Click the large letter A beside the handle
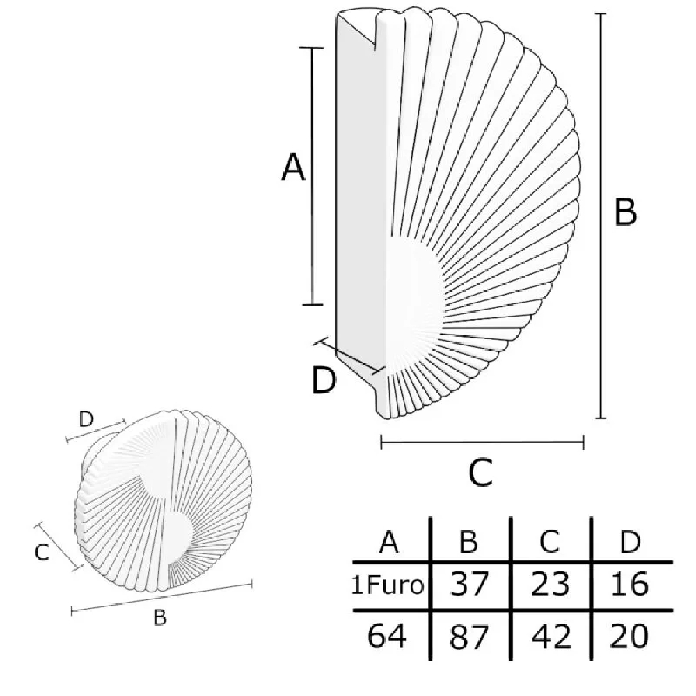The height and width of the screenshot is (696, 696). tap(294, 167)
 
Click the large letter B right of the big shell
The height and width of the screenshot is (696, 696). tap(626, 211)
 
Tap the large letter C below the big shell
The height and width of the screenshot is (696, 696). tap(481, 472)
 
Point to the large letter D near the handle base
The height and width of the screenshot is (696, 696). tap(324, 380)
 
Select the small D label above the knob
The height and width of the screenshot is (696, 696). tap(86, 419)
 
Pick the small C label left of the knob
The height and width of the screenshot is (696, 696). tap(42, 553)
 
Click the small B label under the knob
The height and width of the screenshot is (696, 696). tap(160, 617)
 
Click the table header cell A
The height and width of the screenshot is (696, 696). tap(389, 541)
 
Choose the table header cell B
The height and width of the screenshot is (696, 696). tap(468, 541)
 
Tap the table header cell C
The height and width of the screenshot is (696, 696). tap(550, 541)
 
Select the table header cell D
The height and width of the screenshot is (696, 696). tap(631, 541)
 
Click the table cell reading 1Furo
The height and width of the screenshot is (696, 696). tap(388, 585)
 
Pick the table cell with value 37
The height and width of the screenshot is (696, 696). tap(469, 584)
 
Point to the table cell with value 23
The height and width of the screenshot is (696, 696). tap(550, 584)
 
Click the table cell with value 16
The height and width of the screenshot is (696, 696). tap(630, 584)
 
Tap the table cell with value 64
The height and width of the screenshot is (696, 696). tap(387, 636)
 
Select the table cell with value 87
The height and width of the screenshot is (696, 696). tap(468, 637)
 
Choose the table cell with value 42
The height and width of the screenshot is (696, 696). tap(551, 636)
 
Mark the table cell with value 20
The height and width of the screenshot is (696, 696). tap(629, 636)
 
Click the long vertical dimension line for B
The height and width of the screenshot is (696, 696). tap(601, 216)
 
